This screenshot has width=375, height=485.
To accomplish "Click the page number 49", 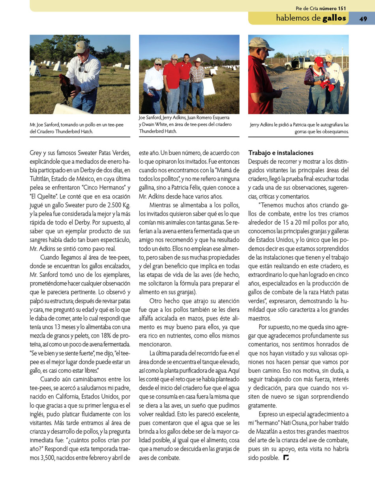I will [364, 18].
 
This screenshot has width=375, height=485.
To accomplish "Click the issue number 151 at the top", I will [342, 8].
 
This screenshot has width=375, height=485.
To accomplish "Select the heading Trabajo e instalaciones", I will [281, 153].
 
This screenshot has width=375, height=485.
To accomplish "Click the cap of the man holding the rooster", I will [80, 47].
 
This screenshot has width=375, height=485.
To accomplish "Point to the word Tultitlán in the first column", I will [42, 178].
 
